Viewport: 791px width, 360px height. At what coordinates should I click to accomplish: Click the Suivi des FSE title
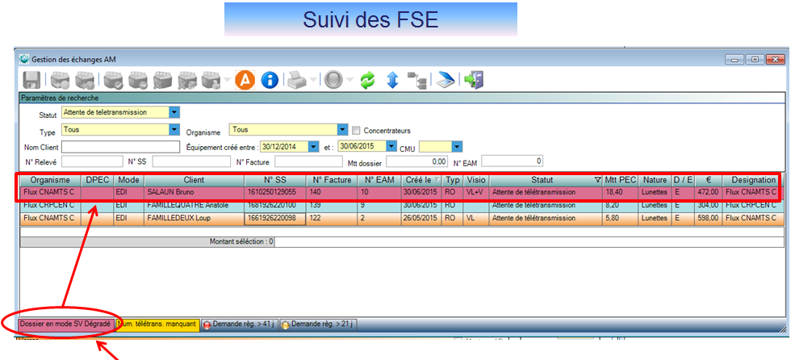tap(370, 19)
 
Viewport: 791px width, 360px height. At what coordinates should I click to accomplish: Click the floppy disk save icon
tap(31, 80)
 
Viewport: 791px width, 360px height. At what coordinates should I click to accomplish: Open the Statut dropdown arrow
tap(174, 112)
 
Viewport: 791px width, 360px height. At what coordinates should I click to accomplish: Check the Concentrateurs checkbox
tap(356, 130)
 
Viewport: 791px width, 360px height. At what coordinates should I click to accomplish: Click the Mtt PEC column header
tap(621, 179)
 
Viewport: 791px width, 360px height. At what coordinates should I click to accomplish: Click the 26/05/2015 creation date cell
tap(422, 218)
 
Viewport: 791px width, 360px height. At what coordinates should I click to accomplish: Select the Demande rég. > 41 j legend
tap(239, 324)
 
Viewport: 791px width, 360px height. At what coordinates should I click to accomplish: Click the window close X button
tap(772, 59)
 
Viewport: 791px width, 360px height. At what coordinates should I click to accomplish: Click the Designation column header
tap(750, 179)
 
